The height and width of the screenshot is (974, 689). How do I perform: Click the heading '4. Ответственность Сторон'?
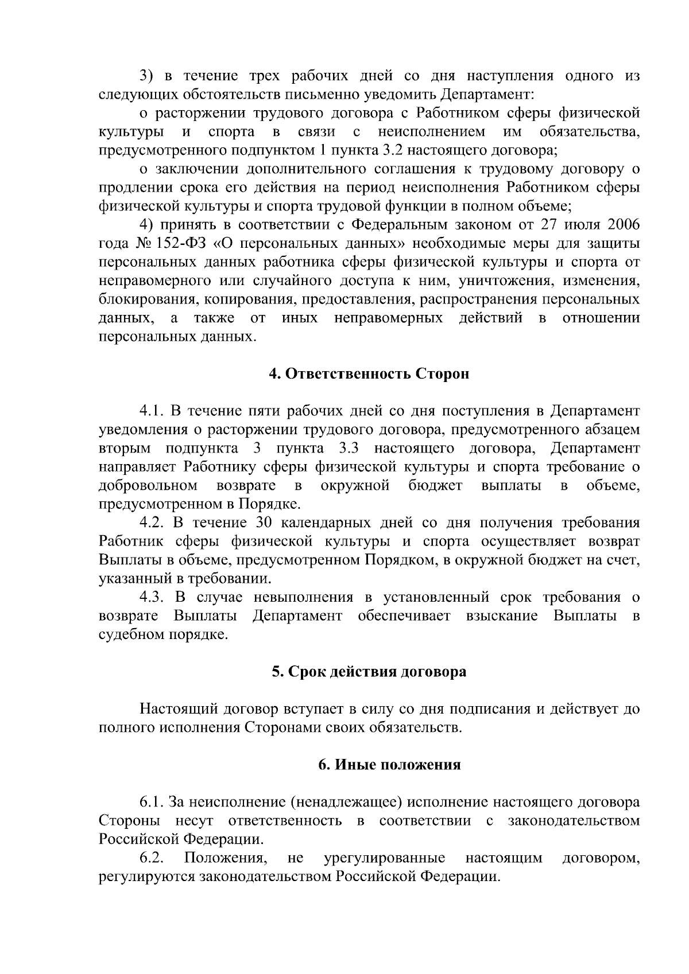click(x=369, y=374)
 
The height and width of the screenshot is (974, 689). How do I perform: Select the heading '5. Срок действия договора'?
click(x=369, y=671)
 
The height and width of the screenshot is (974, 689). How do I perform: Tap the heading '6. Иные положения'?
click(x=390, y=765)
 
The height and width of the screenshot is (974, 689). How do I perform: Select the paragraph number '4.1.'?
click(x=152, y=411)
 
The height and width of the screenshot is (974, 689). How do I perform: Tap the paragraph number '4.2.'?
click(x=152, y=523)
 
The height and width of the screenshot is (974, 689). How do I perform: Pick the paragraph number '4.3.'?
click(x=152, y=597)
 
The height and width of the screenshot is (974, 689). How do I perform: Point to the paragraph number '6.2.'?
click(x=152, y=858)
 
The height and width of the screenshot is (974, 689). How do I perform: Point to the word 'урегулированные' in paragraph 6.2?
click(x=384, y=858)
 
